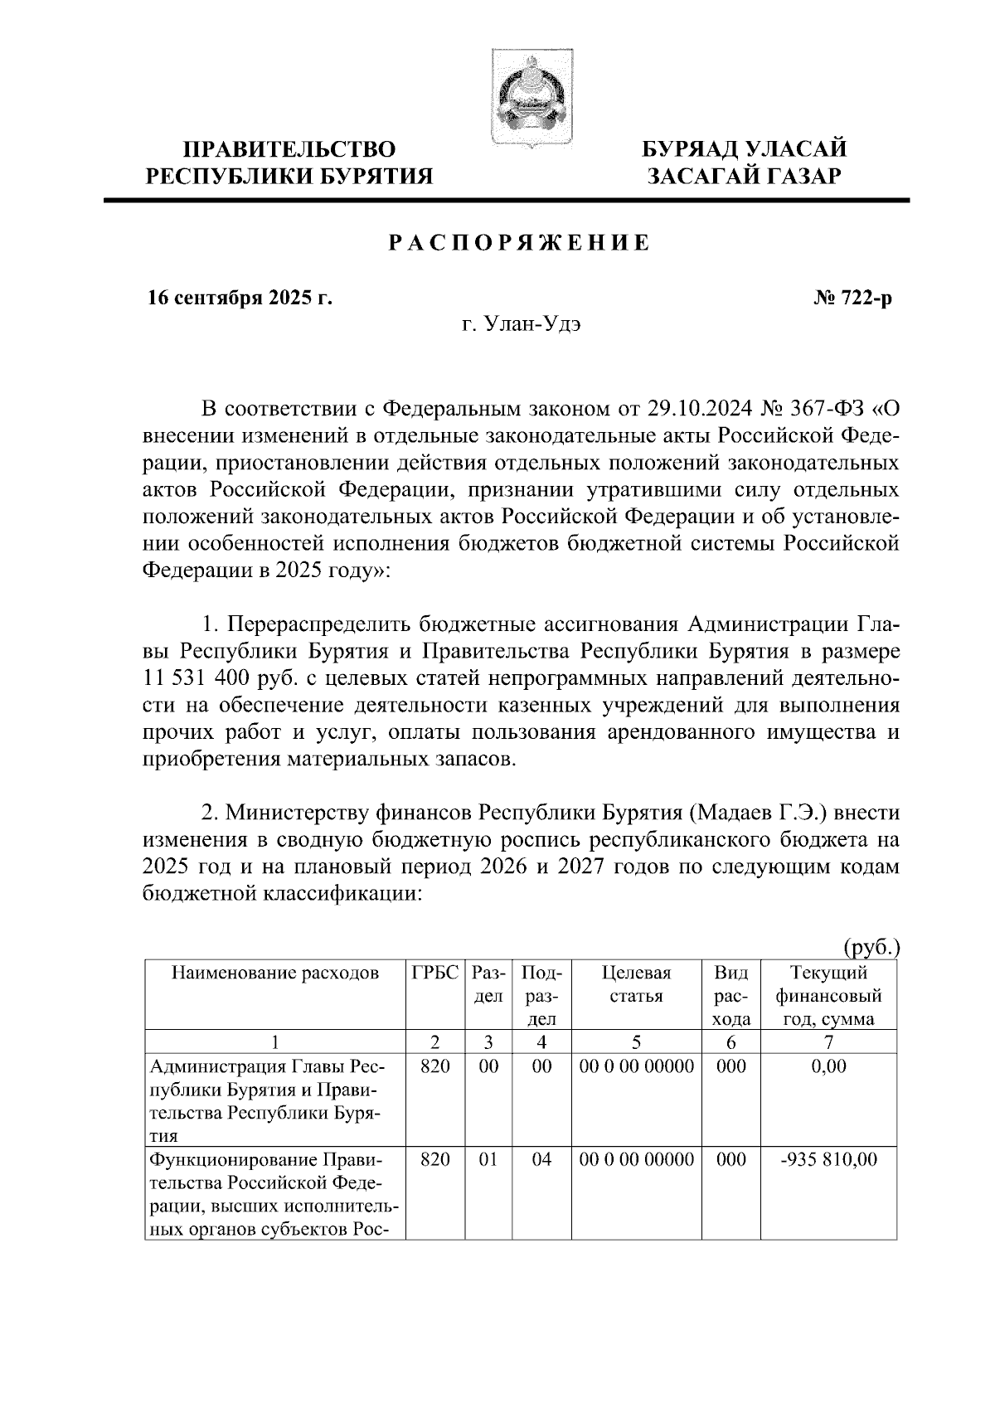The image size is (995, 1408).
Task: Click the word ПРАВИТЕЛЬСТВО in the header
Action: [x=289, y=149]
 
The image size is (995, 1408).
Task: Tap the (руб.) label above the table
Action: [x=871, y=946]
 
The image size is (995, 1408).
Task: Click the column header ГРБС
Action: [x=434, y=973]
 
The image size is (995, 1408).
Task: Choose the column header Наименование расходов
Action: [x=274, y=973]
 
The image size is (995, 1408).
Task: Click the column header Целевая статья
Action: [x=636, y=983]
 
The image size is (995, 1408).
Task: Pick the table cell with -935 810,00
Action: [x=828, y=1159]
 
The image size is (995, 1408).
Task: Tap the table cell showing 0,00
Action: [x=828, y=1066]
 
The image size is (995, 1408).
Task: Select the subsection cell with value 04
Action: [x=541, y=1159]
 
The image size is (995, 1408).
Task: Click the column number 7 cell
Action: [x=828, y=1041]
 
